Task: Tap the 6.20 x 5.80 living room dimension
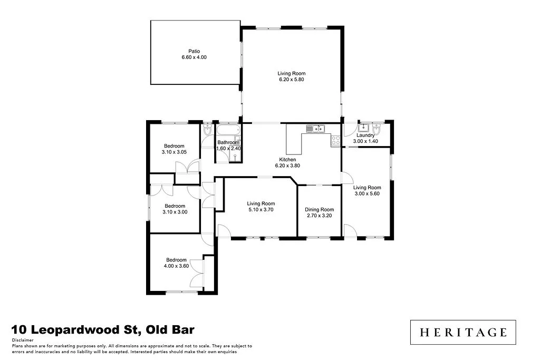292,80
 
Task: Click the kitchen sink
316,128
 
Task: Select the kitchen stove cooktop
335,140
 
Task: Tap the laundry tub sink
363,128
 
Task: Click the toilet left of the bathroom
207,130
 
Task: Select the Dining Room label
320,209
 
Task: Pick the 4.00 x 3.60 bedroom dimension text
177,266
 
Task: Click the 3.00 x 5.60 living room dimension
367,193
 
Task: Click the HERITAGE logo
463,332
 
